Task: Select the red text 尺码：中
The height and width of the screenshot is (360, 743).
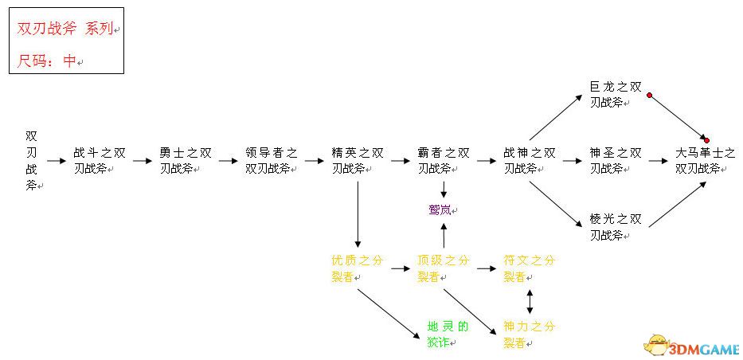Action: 48,61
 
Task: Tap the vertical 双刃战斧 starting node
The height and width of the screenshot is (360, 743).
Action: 31,160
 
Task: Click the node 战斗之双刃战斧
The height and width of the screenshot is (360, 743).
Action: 99,160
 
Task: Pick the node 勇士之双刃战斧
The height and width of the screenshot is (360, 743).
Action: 185,160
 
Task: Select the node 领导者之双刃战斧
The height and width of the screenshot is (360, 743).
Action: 271,160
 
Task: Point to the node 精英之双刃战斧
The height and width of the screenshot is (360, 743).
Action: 357,160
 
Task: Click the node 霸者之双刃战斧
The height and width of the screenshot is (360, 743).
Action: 443,160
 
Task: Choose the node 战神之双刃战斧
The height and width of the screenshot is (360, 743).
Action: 530,160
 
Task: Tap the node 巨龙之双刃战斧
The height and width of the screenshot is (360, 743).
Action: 615,94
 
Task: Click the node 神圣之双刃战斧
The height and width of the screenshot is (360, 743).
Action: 615,160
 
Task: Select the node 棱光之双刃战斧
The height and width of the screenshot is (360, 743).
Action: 615,226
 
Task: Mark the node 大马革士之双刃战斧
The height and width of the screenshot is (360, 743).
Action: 706,160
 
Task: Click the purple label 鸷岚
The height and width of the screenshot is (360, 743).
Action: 443,209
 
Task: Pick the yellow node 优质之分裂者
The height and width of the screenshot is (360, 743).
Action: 357,268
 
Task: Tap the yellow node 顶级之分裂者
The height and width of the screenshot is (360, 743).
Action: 443,268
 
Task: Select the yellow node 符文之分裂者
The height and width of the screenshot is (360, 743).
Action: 530,268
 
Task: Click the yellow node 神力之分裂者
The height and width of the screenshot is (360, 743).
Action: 530,335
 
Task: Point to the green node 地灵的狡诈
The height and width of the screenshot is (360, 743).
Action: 448,335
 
